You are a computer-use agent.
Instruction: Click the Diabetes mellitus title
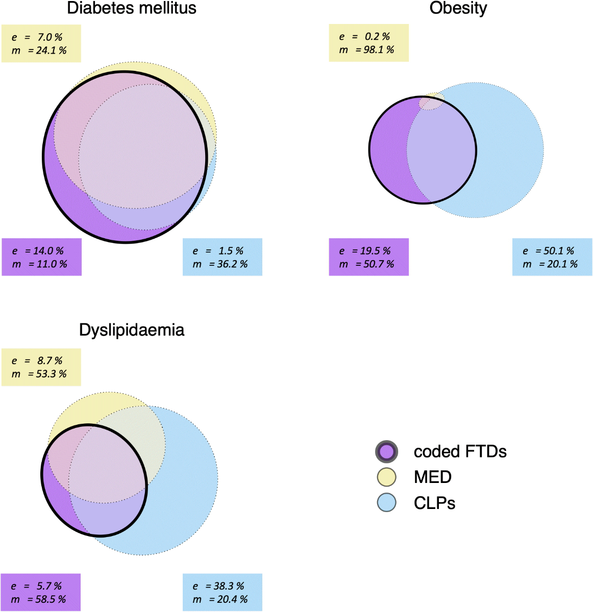[x=132, y=8]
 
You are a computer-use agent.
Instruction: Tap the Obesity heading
[x=458, y=8]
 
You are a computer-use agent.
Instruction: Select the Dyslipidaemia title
[x=132, y=330]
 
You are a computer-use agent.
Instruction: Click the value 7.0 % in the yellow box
[x=50, y=37]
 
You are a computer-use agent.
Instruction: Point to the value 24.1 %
[x=51, y=50]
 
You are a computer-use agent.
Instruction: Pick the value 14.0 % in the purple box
[x=48, y=251]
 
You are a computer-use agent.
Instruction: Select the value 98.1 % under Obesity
[x=379, y=50]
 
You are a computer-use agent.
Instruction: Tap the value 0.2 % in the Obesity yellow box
[x=377, y=37]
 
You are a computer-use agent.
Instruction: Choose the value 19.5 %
[x=376, y=251]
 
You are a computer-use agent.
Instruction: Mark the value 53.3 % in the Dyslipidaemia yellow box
[x=51, y=374]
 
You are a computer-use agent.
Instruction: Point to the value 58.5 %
[x=51, y=599]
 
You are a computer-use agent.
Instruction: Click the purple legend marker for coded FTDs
[x=386, y=451]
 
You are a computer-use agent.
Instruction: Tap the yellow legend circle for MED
[x=386, y=477]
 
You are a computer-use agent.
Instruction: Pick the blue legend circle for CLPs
[x=386, y=502]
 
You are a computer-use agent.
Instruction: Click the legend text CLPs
[x=434, y=503]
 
